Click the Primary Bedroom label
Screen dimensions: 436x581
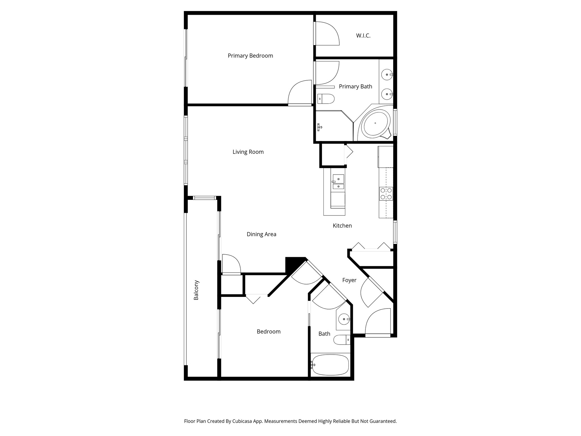(250, 56)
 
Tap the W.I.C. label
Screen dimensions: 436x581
(363, 36)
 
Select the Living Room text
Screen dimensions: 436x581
(248, 152)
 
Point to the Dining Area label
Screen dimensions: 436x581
(261, 234)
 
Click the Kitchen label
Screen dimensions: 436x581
(342, 226)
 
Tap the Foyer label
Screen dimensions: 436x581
(349, 280)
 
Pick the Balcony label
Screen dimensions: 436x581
(196, 290)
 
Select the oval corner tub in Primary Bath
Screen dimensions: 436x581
(375, 123)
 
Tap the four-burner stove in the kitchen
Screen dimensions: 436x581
(386, 194)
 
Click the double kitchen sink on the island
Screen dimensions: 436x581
(338, 182)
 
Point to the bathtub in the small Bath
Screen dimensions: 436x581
(330, 364)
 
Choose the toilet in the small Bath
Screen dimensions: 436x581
(341, 339)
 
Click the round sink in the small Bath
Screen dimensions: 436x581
(344, 319)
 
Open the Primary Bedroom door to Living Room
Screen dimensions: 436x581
(300, 93)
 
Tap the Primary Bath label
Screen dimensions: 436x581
(355, 87)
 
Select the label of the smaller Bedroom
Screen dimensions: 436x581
(268, 332)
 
